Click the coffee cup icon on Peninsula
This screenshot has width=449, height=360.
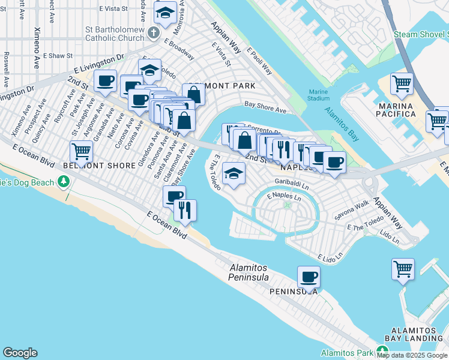[x=309, y=277]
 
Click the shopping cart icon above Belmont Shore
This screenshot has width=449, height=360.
[x=81, y=151]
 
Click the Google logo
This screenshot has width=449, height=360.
[x=20, y=353]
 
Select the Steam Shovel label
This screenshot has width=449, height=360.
[x=420, y=34]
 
